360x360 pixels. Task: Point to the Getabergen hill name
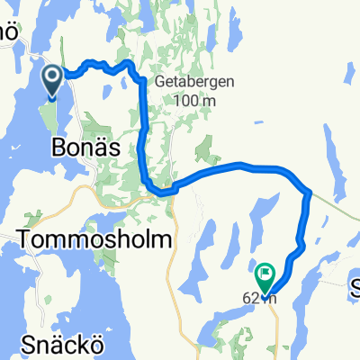point(195,81)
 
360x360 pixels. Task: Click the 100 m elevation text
point(194,100)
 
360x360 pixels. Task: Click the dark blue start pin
point(52,81)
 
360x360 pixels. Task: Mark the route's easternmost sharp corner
point(309,191)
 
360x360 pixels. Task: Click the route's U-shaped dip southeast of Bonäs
point(160,191)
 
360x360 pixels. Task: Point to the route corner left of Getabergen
point(141,81)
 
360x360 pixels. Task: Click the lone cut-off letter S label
point(355,287)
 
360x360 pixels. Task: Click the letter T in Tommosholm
point(23,238)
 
